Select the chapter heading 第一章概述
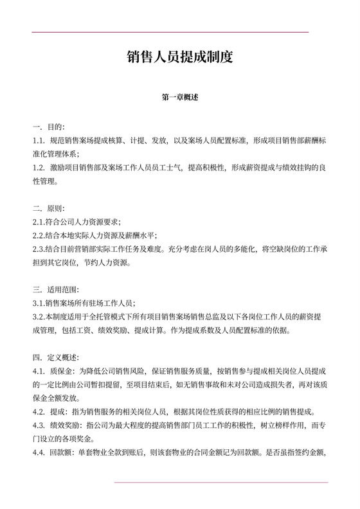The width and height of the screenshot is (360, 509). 180,98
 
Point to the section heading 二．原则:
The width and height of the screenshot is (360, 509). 49,209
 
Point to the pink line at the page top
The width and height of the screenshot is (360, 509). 170,32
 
